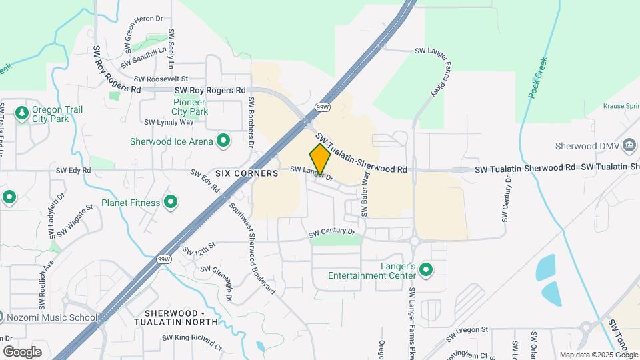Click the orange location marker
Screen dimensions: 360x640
coord(321,159)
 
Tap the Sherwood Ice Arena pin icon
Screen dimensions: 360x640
coord(223,141)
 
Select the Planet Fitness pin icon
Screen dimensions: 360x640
coord(171,202)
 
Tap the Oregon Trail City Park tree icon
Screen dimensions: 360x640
coord(22,112)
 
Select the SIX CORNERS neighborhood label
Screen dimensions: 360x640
coord(246,173)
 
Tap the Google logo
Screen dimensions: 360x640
coord(22,351)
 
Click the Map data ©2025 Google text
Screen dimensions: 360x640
coord(598,355)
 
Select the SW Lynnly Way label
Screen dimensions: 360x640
coord(169,122)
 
